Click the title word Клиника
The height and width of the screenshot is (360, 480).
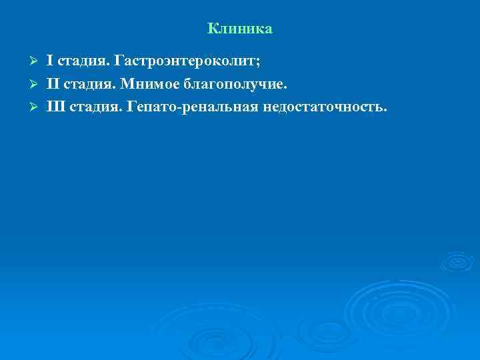pos(239,29)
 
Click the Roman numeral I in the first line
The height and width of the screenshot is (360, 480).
pos(49,62)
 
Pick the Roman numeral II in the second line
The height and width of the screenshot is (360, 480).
pos(53,84)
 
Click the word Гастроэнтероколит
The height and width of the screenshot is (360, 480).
pos(185,63)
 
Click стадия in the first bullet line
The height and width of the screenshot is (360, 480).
pos(83,63)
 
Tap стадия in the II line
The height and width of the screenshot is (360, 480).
pos(89,85)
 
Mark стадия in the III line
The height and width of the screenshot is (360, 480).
pos(94,107)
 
